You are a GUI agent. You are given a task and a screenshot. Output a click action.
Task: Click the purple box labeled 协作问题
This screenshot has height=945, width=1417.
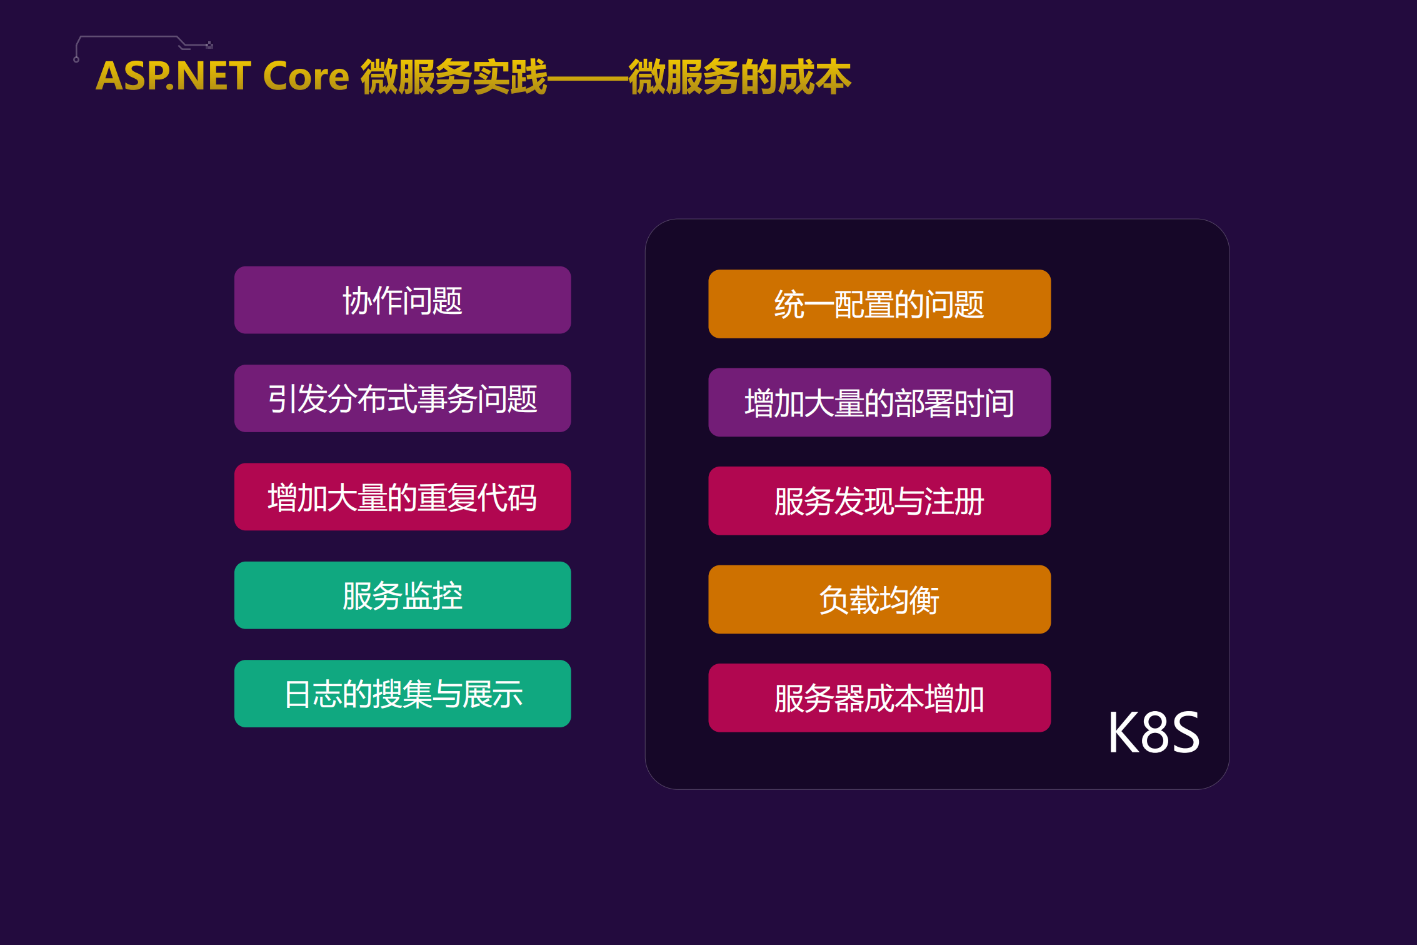402,300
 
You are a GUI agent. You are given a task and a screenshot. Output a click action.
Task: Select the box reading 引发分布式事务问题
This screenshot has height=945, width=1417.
402,398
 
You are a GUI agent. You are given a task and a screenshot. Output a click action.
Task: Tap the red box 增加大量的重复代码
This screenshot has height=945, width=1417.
402,497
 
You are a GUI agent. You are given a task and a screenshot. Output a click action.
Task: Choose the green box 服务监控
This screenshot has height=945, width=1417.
402,595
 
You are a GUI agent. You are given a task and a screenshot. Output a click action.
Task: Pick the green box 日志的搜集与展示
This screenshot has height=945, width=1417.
402,694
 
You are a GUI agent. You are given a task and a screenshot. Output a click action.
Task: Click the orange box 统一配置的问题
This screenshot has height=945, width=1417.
879,304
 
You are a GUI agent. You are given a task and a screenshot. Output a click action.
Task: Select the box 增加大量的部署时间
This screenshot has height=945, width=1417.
879,402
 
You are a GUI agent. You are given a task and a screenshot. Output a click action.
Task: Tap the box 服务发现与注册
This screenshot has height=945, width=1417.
879,501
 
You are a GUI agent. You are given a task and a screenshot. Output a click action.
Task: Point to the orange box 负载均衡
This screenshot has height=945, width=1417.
879,599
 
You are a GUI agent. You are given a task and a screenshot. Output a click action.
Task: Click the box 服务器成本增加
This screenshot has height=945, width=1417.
879,698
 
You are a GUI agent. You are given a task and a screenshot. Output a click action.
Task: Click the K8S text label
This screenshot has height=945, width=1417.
1153,732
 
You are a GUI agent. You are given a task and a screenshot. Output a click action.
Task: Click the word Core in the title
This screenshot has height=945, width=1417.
306,76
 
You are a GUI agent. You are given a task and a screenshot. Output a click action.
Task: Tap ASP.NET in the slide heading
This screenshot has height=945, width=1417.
173,76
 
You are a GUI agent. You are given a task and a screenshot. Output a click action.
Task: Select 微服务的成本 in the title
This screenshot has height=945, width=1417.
739,77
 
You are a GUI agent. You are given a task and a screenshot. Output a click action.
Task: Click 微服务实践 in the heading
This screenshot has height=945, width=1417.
454,77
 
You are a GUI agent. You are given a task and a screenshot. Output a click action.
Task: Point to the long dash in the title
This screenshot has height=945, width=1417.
588,79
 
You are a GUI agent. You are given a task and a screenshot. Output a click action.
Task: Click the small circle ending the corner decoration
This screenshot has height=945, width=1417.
76,60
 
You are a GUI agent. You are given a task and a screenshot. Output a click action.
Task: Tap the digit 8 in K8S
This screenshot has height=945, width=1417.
1153,733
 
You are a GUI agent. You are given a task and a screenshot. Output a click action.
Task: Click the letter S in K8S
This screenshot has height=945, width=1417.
1184,733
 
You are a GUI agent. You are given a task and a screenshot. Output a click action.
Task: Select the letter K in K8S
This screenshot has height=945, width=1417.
1123,733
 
